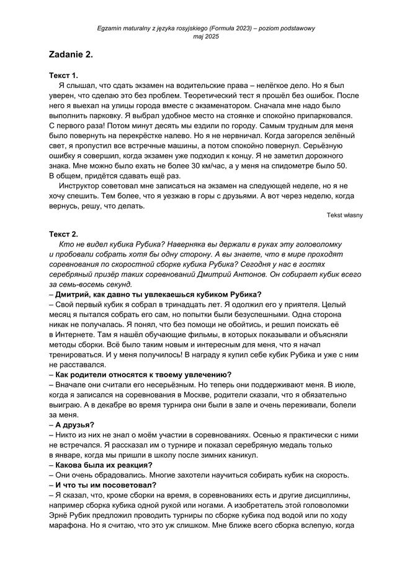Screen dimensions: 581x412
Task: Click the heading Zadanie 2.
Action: coord(71,55)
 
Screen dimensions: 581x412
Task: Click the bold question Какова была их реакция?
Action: coord(104,465)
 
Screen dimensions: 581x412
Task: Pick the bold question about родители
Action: coord(143,374)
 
